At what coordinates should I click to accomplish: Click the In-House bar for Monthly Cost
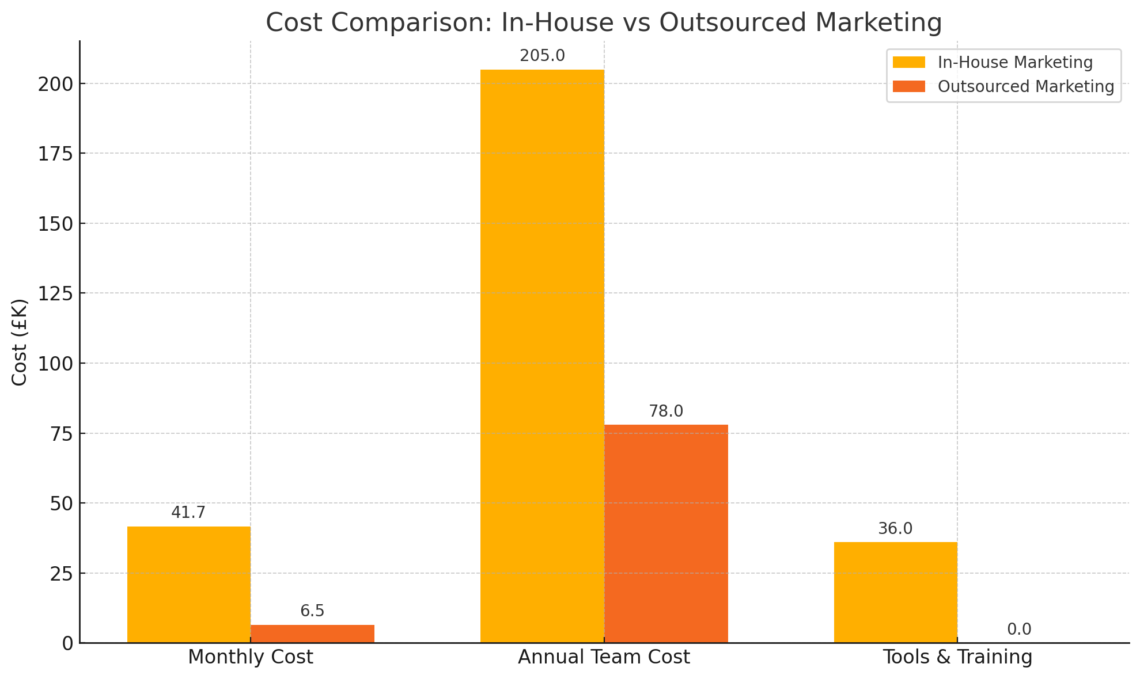[189, 584]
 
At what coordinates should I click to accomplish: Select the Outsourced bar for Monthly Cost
[312, 634]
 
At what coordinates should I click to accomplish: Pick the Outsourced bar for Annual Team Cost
[666, 533]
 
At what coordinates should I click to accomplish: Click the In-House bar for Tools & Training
[895, 592]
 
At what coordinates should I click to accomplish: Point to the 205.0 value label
[542, 56]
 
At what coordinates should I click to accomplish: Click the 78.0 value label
[666, 411]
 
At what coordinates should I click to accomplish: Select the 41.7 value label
[188, 513]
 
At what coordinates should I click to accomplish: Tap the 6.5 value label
[312, 611]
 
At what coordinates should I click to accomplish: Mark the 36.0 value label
[895, 529]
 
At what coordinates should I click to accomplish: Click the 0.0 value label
[1019, 630]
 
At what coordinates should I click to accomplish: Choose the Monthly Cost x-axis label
[251, 657]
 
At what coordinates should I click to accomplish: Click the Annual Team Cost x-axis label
[604, 657]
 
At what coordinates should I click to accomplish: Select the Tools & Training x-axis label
[957, 657]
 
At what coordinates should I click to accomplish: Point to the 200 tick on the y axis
[56, 84]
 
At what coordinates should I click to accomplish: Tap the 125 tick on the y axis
[56, 293]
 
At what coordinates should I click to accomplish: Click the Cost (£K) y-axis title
[20, 342]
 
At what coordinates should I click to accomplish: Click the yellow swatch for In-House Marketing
[908, 63]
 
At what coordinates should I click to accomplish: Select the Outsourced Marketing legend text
[1026, 86]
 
